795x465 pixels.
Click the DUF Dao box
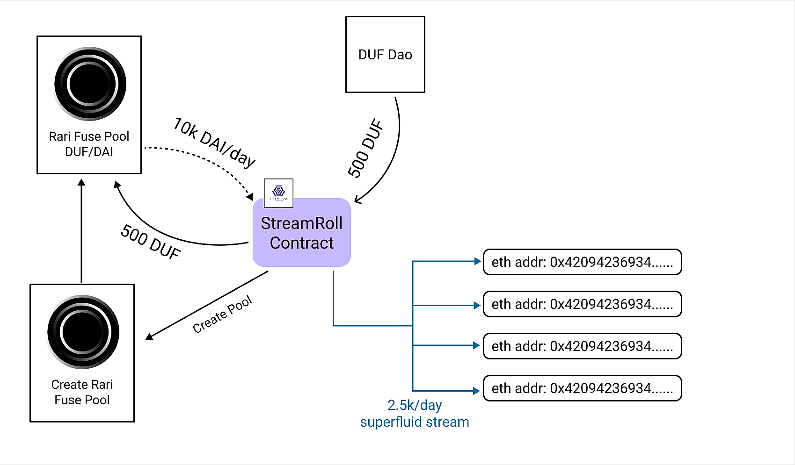coord(385,55)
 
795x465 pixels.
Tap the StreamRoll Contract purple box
coord(302,233)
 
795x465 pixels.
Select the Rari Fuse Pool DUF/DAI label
coord(89,144)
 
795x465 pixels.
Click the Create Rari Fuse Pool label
coord(82,392)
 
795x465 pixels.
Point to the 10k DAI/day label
coord(214,142)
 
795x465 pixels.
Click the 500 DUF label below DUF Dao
coord(365,148)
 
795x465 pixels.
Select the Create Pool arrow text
coord(222,315)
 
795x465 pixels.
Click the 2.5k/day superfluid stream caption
coord(415,414)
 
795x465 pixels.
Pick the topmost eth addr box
coord(582,262)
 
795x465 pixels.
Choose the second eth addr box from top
coord(582,304)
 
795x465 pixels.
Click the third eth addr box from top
coord(582,346)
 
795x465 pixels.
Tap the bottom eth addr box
coord(582,388)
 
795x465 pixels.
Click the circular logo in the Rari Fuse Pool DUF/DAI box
coord(90,84)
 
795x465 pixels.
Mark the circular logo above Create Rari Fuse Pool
coord(83,332)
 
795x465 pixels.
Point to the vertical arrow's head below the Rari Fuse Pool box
coord(81,183)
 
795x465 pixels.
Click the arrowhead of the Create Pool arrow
coord(149,336)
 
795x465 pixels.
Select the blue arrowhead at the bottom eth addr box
coord(477,391)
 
